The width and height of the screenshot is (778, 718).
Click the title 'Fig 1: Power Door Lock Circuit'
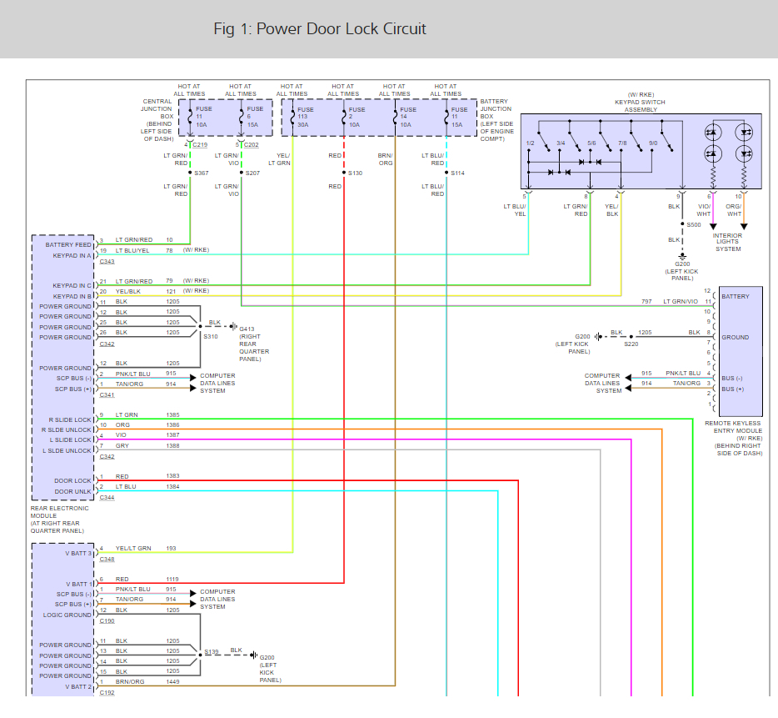(320, 29)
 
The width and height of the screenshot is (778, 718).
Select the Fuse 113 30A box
(305, 118)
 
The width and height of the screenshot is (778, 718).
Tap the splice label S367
(202, 173)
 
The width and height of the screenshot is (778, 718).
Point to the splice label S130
(356, 173)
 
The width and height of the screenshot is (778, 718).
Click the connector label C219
(201, 144)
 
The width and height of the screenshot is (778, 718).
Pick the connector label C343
(107, 262)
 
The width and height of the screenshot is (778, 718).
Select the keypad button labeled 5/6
(591, 143)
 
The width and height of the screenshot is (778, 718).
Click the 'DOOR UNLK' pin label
(73, 491)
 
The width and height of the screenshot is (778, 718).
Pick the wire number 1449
(172, 681)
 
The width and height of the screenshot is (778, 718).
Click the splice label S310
(211, 336)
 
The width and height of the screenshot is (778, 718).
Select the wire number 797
(646, 300)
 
